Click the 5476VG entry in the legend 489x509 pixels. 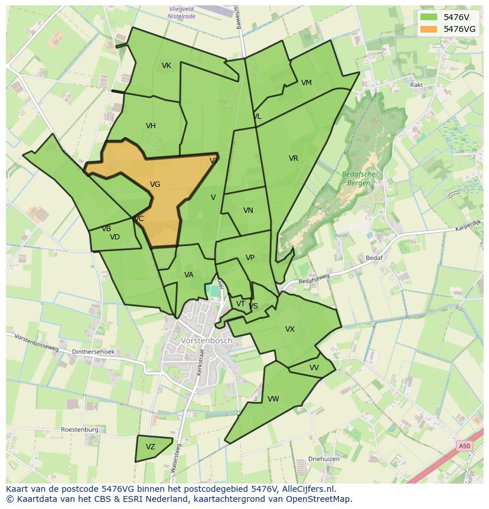459,28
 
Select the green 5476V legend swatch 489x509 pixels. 429,17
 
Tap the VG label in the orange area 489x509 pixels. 155,184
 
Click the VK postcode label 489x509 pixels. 167,66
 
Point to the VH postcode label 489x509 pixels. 151,126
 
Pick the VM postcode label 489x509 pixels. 306,83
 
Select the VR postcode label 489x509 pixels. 294,158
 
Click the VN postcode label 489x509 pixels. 248,210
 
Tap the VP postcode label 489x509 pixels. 250,258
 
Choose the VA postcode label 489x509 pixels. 188,275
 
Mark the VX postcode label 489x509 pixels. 289,329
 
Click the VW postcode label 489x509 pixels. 273,399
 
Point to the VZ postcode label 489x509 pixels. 151,447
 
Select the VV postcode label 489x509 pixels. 314,368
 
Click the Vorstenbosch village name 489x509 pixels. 207,341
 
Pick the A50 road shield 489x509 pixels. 465,446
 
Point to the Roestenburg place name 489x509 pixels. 79,430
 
